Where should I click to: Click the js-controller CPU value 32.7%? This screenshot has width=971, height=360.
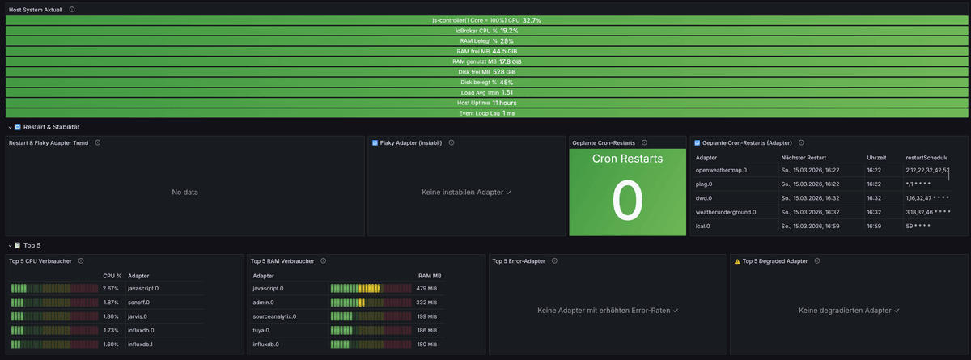pos(532,20)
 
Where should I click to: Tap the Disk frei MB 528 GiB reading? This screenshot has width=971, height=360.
pos(510,72)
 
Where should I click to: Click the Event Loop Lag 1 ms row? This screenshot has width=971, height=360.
pos(486,113)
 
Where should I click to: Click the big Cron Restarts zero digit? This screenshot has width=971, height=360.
pos(627,201)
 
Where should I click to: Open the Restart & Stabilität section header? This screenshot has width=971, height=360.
pos(51,127)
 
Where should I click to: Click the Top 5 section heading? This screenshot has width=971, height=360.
pos(32,244)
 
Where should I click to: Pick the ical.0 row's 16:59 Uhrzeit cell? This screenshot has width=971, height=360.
pos(874,227)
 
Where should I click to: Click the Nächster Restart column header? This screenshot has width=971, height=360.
pos(804,157)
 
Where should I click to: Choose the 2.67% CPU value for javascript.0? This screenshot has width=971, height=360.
pos(111,288)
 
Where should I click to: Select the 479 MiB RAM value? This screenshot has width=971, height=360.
pos(426,288)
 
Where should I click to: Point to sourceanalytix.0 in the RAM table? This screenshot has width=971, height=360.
pos(274,316)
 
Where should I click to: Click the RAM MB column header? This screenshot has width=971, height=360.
pos(429,275)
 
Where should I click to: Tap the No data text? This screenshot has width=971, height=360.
pos(184,193)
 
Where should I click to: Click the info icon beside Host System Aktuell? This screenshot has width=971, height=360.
pos(72,10)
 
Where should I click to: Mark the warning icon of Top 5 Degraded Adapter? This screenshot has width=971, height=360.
pos(736,261)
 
